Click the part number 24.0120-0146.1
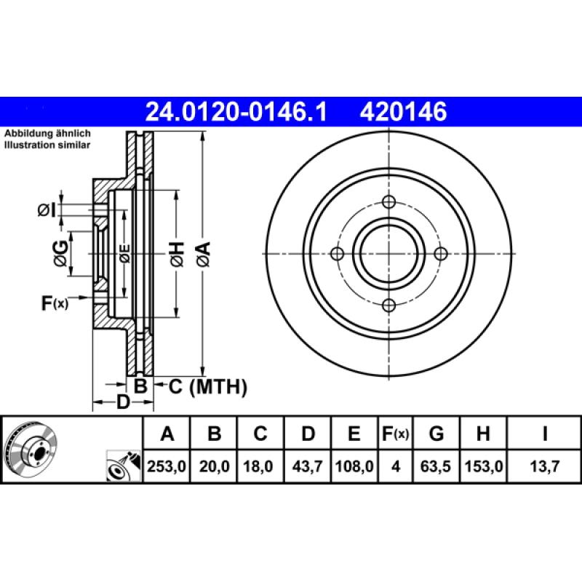tap(237, 112)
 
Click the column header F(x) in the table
tap(396, 434)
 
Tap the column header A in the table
tap(168, 434)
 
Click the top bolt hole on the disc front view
tap(388, 202)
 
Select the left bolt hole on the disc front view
tap(337, 253)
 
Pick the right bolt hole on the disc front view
tap(439, 253)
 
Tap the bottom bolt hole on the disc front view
tap(388, 305)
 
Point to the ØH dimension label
tap(177, 254)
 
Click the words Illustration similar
tap(47, 145)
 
